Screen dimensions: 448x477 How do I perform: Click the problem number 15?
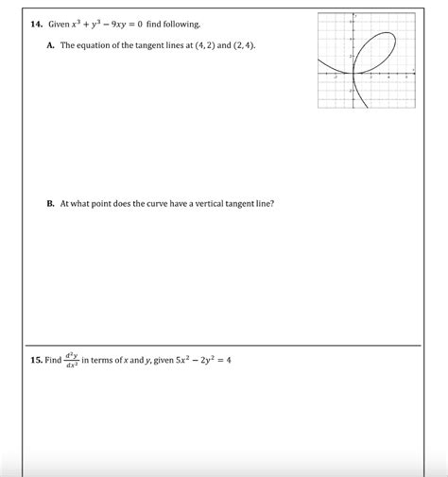[38, 360]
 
